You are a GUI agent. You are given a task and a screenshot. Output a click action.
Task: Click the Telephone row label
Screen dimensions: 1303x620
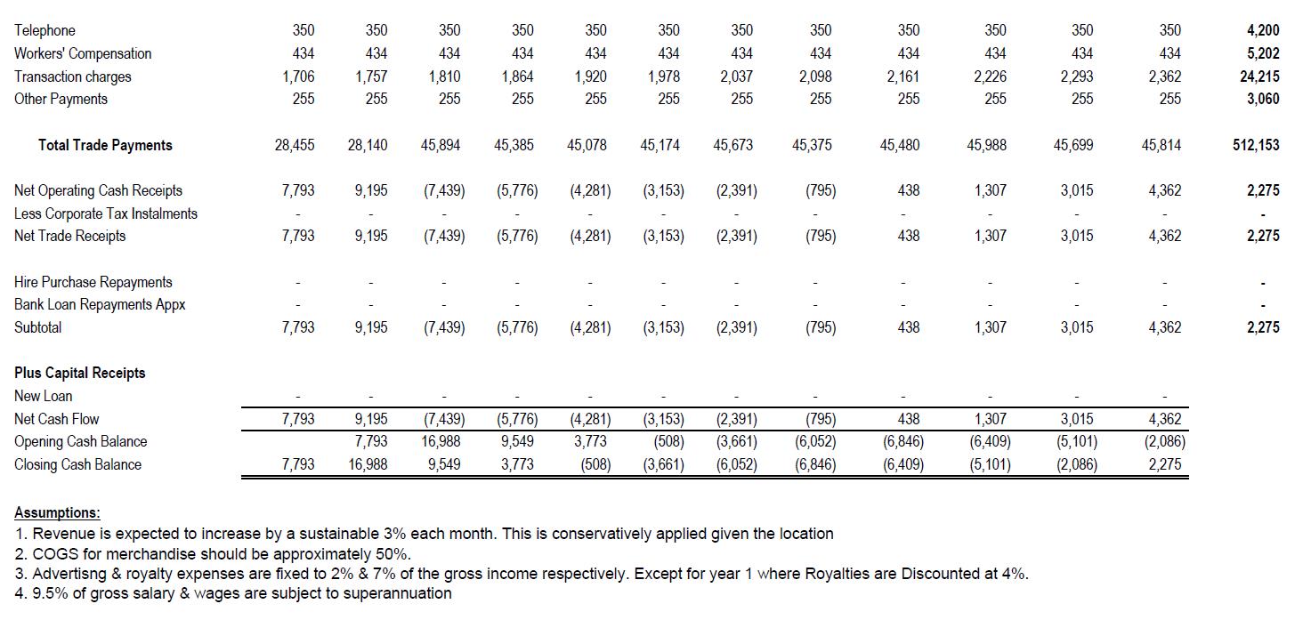coord(45,30)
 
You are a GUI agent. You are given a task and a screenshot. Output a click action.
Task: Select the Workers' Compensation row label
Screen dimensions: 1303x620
coord(83,53)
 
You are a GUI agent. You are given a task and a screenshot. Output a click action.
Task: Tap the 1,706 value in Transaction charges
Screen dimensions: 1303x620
coord(298,76)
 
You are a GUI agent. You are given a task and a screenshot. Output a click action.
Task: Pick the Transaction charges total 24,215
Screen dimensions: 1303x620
coord(1259,76)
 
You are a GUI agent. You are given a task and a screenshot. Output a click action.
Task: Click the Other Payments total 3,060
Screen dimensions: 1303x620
coord(1263,99)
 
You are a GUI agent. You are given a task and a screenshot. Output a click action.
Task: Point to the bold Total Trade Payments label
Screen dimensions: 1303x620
coord(105,145)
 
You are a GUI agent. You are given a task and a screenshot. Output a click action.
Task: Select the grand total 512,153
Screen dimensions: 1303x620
coord(1256,145)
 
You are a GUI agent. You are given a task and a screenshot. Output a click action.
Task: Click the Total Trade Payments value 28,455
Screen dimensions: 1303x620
coord(295,145)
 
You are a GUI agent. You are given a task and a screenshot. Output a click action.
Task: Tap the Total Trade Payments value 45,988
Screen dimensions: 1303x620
coord(986,145)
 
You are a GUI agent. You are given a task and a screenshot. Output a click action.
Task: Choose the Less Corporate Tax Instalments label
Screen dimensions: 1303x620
coord(106,213)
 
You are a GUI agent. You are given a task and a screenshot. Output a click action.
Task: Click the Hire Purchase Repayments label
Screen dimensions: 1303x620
coord(93,282)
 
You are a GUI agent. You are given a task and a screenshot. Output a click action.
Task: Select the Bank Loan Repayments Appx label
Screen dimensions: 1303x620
coord(100,305)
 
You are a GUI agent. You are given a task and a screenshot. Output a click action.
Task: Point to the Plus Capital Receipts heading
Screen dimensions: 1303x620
coord(80,373)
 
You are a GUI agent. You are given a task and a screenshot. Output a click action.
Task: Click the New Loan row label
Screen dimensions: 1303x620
coord(43,396)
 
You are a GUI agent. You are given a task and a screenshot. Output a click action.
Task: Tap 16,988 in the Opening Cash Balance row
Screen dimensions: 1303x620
coord(441,441)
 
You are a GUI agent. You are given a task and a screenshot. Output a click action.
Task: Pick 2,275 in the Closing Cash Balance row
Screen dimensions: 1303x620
coord(1165,464)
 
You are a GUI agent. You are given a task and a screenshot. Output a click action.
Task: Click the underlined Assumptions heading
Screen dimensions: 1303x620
coord(57,513)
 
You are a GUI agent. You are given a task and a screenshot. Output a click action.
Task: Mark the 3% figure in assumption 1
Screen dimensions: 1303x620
coord(395,534)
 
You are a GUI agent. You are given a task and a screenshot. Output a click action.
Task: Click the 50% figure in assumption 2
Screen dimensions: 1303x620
coord(395,553)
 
